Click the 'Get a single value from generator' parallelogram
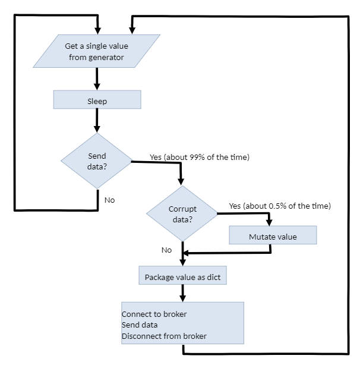click(x=96, y=51)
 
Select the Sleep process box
click(x=97, y=100)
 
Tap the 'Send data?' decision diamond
click(x=97, y=161)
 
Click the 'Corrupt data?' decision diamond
click(x=182, y=213)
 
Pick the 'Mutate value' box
click(x=273, y=236)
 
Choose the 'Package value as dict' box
click(x=182, y=276)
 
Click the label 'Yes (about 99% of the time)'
click(x=199, y=158)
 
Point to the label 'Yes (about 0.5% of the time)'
click(x=279, y=206)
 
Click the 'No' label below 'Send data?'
click(x=109, y=200)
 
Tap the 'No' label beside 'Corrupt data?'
click(x=166, y=250)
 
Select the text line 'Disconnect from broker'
click(x=164, y=336)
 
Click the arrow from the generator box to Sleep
click(x=96, y=78)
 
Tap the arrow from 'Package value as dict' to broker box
click(x=182, y=293)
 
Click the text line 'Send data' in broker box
click(x=140, y=325)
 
